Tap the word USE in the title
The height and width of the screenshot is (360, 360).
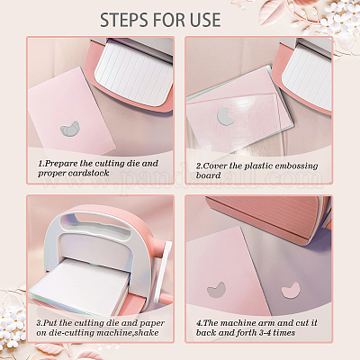(205, 20)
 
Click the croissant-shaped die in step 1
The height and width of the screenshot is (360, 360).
(70, 129)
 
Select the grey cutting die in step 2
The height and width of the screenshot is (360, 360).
(225, 116)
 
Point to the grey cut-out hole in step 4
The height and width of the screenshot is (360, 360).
(216, 290)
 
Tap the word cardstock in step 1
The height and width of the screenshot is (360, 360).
(88, 173)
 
